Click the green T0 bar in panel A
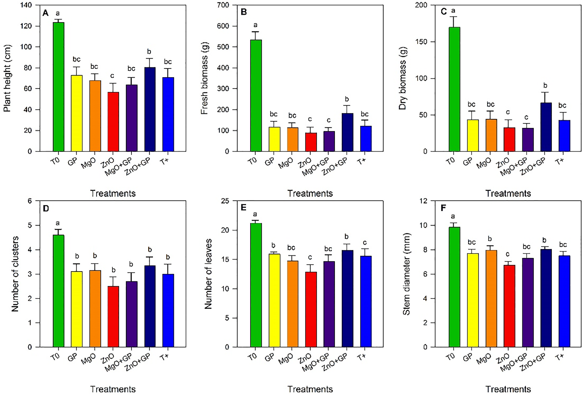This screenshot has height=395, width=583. pyautogui.click(x=58, y=87)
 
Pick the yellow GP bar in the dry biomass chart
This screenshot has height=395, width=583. pyautogui.click(x=473, y=135)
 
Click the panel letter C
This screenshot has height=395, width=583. pyautogui.click(x=444, y=12)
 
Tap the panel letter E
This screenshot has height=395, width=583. pyautogui.click(x=244, y=208)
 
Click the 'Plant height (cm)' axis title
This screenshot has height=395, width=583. pyautogui.click(x=7, y=78)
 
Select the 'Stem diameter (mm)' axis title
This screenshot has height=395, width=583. pyautogui.click(x=407, y=274)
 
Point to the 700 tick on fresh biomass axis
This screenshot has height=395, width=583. pyautogui.click(x=223, y=5)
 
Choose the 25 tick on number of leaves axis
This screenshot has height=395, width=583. pyautogui.click(x=225, y=201)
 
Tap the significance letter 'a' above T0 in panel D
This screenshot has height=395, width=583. pyautogui.click(x=58, y=223)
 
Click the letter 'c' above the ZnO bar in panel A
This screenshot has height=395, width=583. pyautogui.click(x=112, y=76)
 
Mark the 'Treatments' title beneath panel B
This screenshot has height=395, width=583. pyautogui.click(x=310, y=193)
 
